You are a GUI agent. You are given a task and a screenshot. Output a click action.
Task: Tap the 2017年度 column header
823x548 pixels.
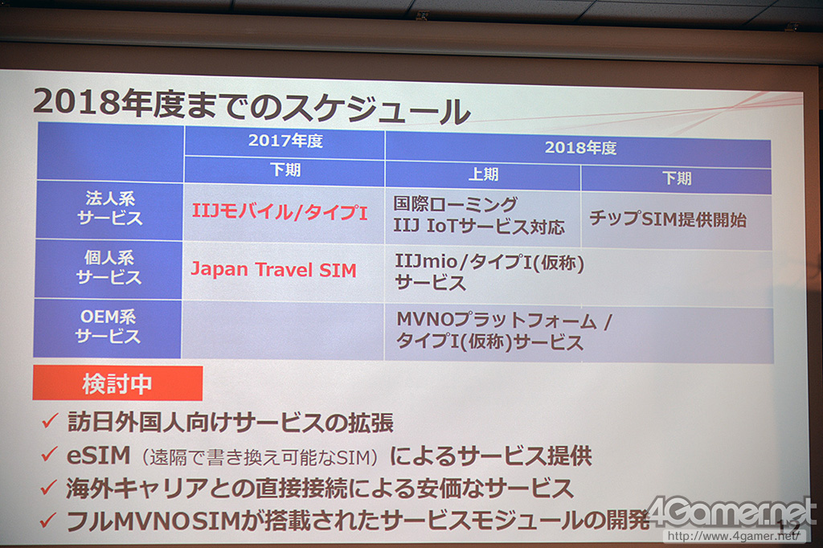point(285,141)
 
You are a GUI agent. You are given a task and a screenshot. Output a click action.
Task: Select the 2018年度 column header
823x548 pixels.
point(580,148)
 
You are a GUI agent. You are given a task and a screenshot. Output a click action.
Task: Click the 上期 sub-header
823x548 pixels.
point(483,174)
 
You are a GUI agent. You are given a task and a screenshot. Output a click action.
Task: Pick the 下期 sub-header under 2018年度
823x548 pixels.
point(677,178)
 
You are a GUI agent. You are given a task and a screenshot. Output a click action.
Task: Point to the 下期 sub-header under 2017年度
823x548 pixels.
point(285,170)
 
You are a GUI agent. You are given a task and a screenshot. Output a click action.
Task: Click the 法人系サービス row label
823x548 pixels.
point(109,208)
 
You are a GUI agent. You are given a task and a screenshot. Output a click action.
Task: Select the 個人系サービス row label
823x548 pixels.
point(109,268)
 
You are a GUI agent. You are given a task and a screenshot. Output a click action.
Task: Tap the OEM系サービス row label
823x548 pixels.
point(108,326)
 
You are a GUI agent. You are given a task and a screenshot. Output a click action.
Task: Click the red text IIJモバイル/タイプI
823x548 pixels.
point(280,212)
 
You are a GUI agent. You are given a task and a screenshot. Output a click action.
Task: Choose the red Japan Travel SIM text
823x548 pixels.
point(273,270)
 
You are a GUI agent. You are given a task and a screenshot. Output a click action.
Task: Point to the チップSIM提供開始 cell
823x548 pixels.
point(668,219)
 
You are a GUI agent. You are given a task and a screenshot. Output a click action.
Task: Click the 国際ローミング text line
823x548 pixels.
point(456,204)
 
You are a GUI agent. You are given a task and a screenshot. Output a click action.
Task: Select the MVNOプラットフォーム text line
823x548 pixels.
point(505,320)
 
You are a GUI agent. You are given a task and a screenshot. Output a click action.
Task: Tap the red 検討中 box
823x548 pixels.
point(117,384)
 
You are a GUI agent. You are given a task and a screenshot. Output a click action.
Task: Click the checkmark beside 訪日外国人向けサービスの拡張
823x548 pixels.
point(49,421)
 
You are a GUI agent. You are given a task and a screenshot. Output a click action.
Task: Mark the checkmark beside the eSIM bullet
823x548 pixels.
point(49,455)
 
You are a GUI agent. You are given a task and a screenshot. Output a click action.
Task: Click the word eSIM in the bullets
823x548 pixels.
point(98,455)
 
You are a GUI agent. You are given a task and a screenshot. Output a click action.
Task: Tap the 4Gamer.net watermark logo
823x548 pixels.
point(732,512)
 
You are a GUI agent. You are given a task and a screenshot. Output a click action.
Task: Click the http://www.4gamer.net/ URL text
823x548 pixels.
point(734,536)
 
